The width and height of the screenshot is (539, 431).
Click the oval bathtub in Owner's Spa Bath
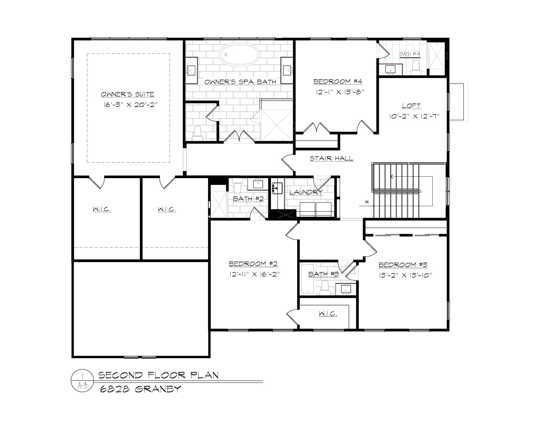240,55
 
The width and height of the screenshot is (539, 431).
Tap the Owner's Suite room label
128,94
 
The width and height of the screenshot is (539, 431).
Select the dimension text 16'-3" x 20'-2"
130,105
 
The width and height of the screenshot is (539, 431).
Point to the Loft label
411,106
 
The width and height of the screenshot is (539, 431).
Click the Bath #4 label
410,54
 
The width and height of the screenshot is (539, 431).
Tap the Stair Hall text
332,158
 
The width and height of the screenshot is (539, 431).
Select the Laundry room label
306,193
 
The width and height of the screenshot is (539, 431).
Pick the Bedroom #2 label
254,264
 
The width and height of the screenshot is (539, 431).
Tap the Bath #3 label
324,274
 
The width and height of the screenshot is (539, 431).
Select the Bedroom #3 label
403,265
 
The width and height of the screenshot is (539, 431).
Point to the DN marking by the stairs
367,202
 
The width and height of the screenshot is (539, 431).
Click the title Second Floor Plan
158,375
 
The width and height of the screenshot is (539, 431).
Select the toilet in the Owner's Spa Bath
198,133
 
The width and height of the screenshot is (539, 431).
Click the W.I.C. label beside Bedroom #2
328,314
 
